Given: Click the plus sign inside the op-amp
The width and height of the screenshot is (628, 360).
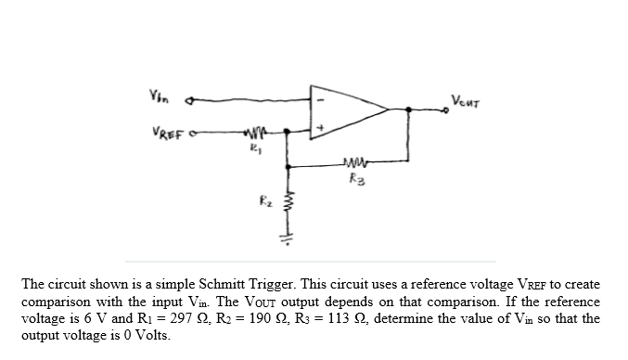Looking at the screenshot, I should pyautogui.click(x=322, y=128).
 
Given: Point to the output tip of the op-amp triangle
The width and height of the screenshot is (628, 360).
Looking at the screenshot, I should pyautogui.click(x=388, y=111).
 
